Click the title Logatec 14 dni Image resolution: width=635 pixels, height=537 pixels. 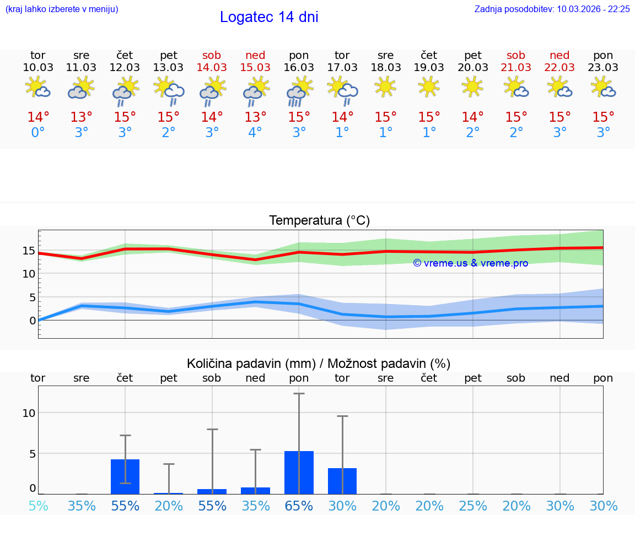pos(269,17)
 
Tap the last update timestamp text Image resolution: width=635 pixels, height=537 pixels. pos(552,9)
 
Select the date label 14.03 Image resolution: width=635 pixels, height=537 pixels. pos(212,67)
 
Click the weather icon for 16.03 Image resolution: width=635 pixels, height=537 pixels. pos(299,91)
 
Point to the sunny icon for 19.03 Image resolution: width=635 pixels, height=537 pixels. pos(429,86)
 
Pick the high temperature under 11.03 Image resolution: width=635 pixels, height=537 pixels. pos(82,117)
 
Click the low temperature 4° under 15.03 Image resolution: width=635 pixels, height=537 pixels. pos(255,133)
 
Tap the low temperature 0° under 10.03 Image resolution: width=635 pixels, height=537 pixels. pos(38,133)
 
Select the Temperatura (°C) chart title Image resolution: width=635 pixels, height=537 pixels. pos(319,221)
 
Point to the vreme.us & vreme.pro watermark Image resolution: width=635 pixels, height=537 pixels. pos(470,263)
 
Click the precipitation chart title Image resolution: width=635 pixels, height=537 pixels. pos(319,364)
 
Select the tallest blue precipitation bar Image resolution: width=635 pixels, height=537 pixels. pos(299,472)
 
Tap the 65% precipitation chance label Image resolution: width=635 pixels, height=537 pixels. pos(299,506)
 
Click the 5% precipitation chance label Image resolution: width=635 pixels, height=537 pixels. pos(38,506)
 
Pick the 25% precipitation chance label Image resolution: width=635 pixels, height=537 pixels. pos(472,506)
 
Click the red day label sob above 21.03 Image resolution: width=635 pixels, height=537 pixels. pos(516,55)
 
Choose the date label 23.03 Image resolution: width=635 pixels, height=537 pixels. pos(603,67)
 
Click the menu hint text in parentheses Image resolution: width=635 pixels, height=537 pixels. pos(62,9)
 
